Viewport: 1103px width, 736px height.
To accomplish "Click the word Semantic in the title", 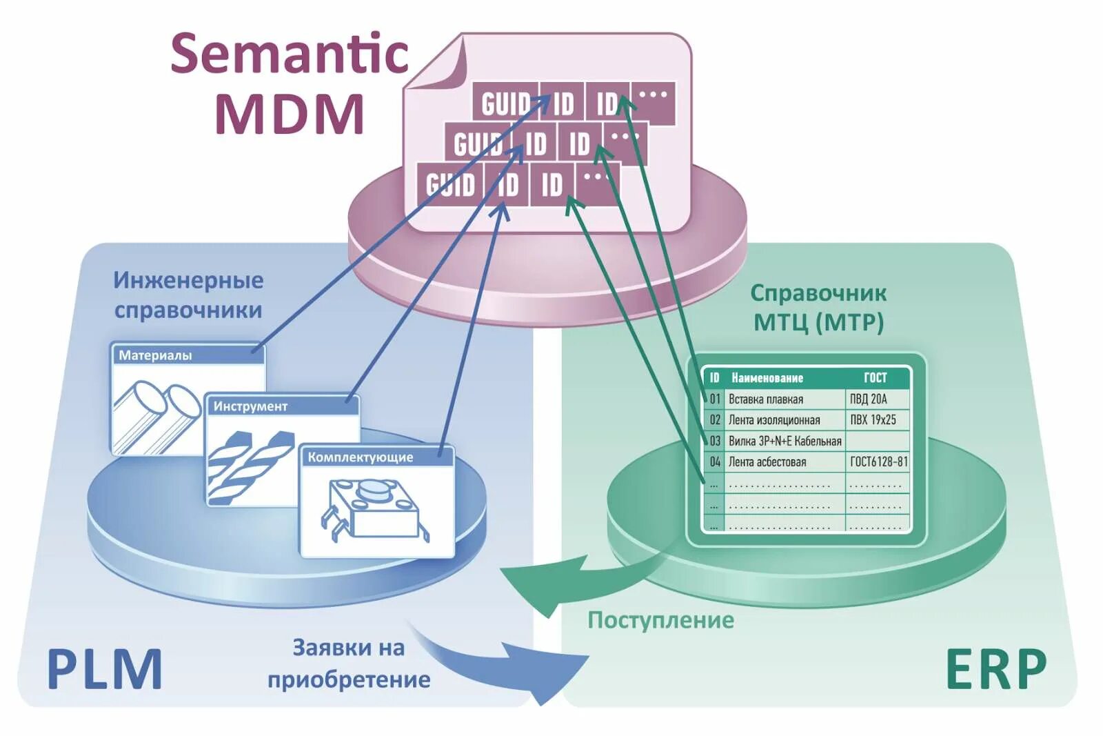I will (x=290, y=54).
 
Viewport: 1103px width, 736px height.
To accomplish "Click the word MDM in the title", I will (x=290, y=113).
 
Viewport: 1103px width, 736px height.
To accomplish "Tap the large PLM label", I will (x=105, y=669).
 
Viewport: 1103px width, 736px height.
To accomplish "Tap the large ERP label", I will (x=995, y=669).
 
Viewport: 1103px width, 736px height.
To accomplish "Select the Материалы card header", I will (x=188, y=355).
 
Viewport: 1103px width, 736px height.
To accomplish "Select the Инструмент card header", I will (x=283, y=406).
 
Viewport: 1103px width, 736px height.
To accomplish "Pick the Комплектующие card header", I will (x=376, y=457).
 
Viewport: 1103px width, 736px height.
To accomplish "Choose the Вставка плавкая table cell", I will (x=766, y=399).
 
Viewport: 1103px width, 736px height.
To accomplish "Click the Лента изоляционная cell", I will (x=774, y=420).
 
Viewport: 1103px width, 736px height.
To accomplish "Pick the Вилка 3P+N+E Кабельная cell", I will (x=785, y=441).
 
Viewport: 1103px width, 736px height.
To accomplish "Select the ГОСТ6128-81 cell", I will (x=878, y=462).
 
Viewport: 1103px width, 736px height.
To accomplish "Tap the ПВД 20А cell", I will (x=869, y=399).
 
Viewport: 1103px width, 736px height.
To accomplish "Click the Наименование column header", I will (x=767, y=378).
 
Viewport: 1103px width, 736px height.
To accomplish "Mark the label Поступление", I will (x=660, y=620).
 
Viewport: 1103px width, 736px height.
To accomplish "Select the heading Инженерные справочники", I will (x=188, y=295).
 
